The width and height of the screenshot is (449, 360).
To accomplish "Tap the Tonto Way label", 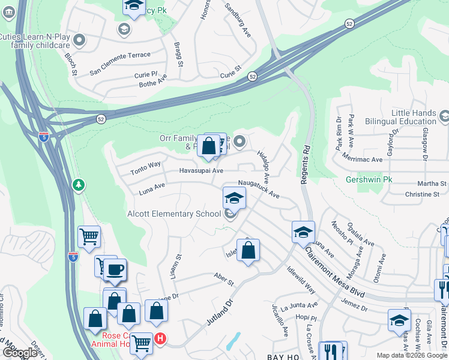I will [146, 168].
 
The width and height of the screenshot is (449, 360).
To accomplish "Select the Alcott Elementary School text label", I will [174, 214].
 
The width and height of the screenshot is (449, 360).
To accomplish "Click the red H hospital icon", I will [160, 338].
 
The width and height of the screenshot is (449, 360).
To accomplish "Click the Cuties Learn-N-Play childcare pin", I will [80, 41].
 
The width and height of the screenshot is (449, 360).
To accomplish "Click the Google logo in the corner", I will [19, 353].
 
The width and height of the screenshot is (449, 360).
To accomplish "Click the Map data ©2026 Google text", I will [412, 355].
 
